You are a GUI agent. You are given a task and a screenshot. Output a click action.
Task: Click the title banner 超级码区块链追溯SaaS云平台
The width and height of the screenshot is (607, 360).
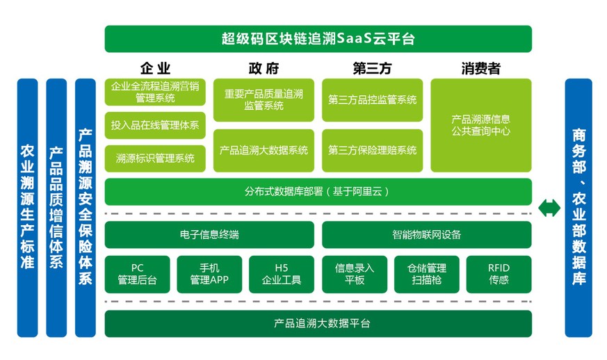pyautogui.click(x=318, y=39)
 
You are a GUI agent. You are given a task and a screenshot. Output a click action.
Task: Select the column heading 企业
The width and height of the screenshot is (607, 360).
pyautogui.click(x=155, y=69)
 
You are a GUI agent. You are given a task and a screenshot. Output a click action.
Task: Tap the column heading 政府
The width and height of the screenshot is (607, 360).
pyautogui.click(x=264, y=69)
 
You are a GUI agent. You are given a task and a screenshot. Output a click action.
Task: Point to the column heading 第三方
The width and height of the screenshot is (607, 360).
pyautogui.click(x=372, y=69)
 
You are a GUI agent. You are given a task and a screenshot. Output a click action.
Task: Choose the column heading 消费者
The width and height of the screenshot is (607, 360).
pyautogui.click(x=480, y=69)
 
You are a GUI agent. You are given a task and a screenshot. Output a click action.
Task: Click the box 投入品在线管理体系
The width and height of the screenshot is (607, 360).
pyautogui.click(x=155, y=125)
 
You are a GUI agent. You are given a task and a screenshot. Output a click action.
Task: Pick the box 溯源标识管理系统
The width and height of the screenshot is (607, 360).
pyautogui.click(x=155, y=158)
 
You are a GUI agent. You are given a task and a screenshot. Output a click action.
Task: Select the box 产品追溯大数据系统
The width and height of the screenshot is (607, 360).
pyautogui.click(x=264, y=151)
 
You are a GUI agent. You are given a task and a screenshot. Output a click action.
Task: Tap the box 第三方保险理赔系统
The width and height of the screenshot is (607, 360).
pyautogui.click(x=373, y=151)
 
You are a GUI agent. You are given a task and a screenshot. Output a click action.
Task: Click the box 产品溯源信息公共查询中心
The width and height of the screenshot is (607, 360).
pyautogui.click(x=481, y=125)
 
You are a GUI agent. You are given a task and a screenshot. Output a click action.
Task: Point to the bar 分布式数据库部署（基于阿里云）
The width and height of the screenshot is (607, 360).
pyautogui.click(x=318, y=192)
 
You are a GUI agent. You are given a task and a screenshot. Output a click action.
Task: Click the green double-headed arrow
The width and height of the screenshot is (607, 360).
pyautogui.click(x=549, y=208)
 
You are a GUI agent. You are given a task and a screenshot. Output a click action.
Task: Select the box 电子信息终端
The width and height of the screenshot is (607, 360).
pyautogui.click(x=209, y=235)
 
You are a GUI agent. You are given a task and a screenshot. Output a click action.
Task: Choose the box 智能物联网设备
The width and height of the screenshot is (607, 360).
pyautogui.click(x=427, y=235)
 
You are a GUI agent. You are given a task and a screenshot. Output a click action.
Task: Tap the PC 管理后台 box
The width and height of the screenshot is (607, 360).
pyautogui.click(x=138, y=274)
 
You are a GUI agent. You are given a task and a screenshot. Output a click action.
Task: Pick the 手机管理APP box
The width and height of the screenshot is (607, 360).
pyautogui.click(x=209, y=274)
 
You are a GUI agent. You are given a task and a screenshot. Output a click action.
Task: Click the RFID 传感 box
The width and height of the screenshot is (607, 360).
pyautogui.click(x=499, y=274)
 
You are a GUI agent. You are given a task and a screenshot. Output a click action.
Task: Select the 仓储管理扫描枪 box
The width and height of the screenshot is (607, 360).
pyautogui.click(x=427, y=274)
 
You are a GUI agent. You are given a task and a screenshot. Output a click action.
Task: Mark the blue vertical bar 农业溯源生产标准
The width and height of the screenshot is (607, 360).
pyautogui.click(x=28, y=208)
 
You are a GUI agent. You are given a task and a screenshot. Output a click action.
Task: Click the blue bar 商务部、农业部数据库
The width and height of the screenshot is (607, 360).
pyautogui.click(x=578, y=208)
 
